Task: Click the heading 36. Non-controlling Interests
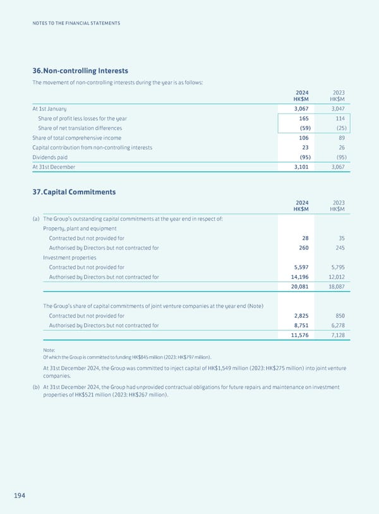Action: coord(79,71)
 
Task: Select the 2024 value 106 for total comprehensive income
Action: coord(303,138)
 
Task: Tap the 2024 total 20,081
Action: coord(298,286)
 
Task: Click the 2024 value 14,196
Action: coord(298,277)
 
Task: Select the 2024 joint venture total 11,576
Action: coord(298,335)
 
